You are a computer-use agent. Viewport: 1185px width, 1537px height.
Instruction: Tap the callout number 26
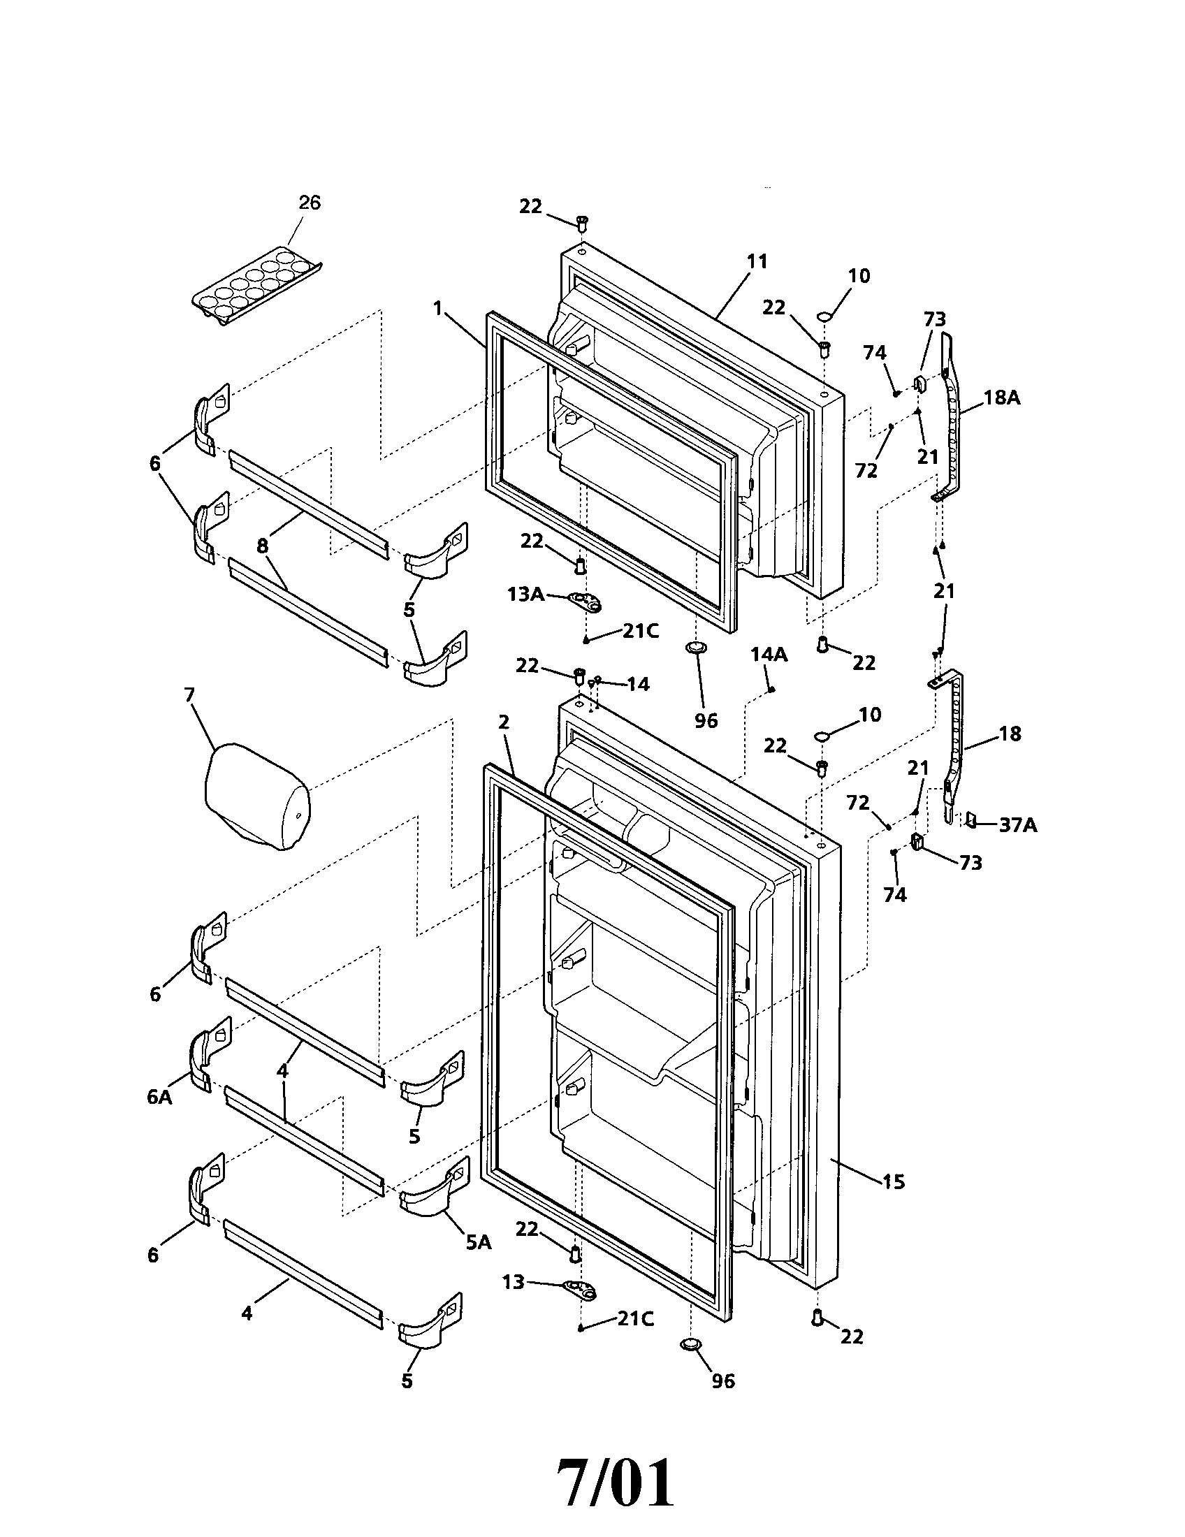tap(310, 203)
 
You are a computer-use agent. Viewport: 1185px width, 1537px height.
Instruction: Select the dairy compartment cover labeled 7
tap(257, 800)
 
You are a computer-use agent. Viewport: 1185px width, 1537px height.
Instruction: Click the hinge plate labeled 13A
tap(586, 600)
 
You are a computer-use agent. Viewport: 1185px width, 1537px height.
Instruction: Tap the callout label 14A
tap(769, 655)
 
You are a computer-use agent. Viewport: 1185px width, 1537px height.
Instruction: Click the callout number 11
tap(757, 261)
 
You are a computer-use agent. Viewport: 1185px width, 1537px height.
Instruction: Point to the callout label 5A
tap(478, 1243)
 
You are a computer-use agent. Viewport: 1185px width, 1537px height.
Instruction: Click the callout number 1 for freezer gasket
tap(437, 307)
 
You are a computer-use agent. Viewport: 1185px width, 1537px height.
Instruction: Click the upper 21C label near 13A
tap(639, 632)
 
